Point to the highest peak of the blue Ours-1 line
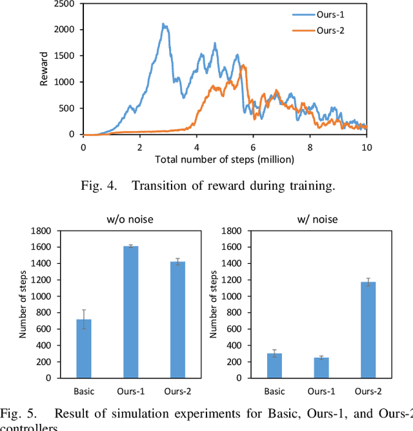click(x=163, y=24)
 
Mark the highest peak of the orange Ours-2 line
click(x=243, y=65)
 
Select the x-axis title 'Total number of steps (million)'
click(x=225, y=159)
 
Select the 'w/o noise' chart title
click(x=130, y=219)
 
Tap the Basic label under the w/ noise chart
click(x=275, y=391)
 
